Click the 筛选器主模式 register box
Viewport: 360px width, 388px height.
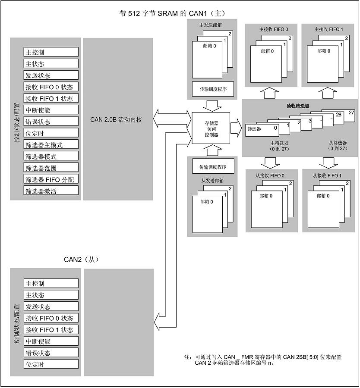coord(51,144)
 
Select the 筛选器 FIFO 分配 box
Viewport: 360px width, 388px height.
coord(51,179)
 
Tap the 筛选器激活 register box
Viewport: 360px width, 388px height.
coord(51,191)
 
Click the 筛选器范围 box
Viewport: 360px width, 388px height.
coord(51,168)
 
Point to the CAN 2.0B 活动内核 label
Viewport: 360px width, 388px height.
coord(116,120)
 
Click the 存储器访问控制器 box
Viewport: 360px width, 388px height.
coord(211,128)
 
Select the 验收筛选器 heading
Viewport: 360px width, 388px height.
coord(298,106)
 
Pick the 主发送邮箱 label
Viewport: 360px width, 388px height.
coord(210,25)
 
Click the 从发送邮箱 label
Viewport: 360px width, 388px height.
coord(212,181)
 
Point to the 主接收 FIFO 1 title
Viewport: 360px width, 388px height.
coord(329,29)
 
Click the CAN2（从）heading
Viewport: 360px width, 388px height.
coord(82,260)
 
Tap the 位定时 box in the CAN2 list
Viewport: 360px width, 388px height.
coord(51,364)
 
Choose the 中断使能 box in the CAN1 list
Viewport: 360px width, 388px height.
coord(51,110)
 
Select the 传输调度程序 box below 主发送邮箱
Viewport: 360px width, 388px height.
coord(213,89)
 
